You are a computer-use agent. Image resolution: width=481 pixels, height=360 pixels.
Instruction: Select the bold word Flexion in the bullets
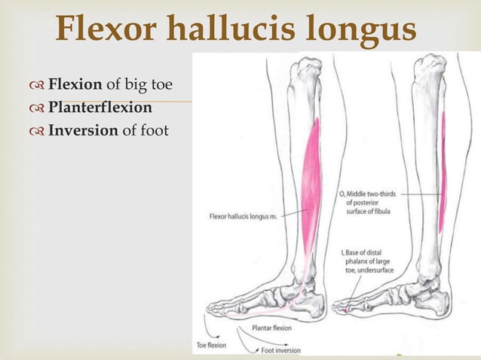point(75,83)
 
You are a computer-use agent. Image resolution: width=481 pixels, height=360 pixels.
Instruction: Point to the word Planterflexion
point(100,107)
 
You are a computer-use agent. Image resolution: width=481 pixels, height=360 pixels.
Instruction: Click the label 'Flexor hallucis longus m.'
point(244,218)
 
